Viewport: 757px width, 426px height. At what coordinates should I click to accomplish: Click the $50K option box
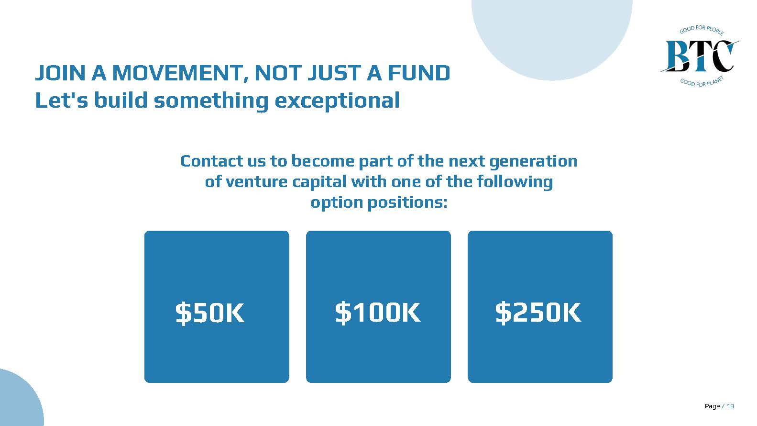[217, 306]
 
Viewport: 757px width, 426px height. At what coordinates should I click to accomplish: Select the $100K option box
[378, 306]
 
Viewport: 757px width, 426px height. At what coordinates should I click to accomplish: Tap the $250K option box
[540, 306]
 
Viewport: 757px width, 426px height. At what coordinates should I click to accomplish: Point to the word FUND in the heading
[419, 73]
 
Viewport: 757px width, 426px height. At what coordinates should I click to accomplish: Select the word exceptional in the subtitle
[337, 101]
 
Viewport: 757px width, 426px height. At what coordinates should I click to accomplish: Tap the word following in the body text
[515, 182]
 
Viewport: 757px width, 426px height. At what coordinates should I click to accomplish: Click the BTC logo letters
[700, 56]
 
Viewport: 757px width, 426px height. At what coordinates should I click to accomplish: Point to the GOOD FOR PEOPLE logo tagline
[702, 30]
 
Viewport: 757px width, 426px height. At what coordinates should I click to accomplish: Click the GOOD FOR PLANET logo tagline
[702, 81]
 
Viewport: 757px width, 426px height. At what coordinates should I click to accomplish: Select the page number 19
[730, 406]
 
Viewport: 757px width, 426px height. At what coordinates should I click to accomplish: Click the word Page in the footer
[713, 406]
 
